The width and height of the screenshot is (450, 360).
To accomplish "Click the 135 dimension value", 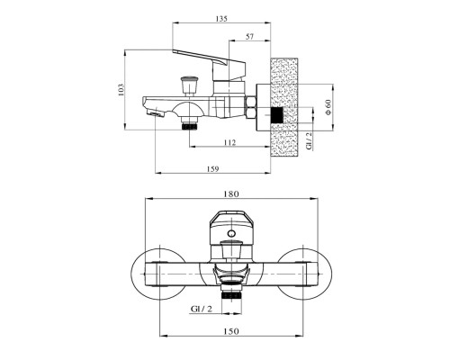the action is pos(221,19).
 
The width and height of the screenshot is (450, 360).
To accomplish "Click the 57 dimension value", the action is pos(250,37).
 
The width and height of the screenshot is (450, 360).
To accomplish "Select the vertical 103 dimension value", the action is pos(121,89).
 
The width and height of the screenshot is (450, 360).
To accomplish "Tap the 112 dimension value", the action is pos(229,142).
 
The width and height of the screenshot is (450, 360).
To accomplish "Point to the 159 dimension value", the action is pos(212,169).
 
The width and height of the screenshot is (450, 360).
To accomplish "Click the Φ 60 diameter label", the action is pos(328,107).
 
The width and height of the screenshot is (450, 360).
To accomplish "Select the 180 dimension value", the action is pos(231,194).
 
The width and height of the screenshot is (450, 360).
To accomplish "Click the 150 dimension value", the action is pos(231,331).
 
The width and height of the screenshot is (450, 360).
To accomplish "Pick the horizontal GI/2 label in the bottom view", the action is pos(202,309).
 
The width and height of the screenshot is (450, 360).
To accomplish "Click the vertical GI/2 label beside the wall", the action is pos(309,140).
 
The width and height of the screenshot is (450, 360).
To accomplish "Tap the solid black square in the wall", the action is pos(277,115).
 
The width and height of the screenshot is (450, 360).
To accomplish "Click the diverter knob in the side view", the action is pos(189,85).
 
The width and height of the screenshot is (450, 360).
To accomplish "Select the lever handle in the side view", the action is pos(210,64).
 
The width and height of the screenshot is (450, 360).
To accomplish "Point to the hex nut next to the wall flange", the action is pos(250,108).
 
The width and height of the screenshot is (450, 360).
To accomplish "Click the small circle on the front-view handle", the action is pos(231,233).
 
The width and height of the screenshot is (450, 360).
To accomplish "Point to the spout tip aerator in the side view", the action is pos(155,113).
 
